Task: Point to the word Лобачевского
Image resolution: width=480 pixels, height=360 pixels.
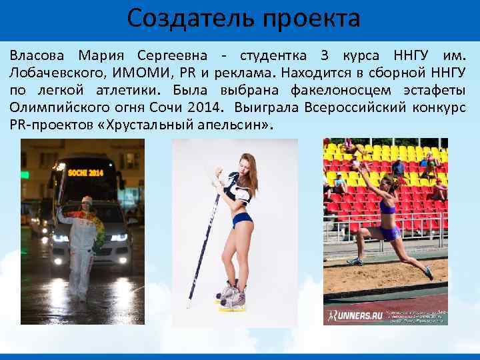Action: tap(59, 72)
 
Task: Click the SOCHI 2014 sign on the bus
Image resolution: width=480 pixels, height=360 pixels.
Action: tap(87, 172)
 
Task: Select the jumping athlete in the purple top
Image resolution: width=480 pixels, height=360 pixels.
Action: tap(387, 213)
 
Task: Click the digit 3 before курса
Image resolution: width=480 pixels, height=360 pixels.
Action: tap(322, 55)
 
